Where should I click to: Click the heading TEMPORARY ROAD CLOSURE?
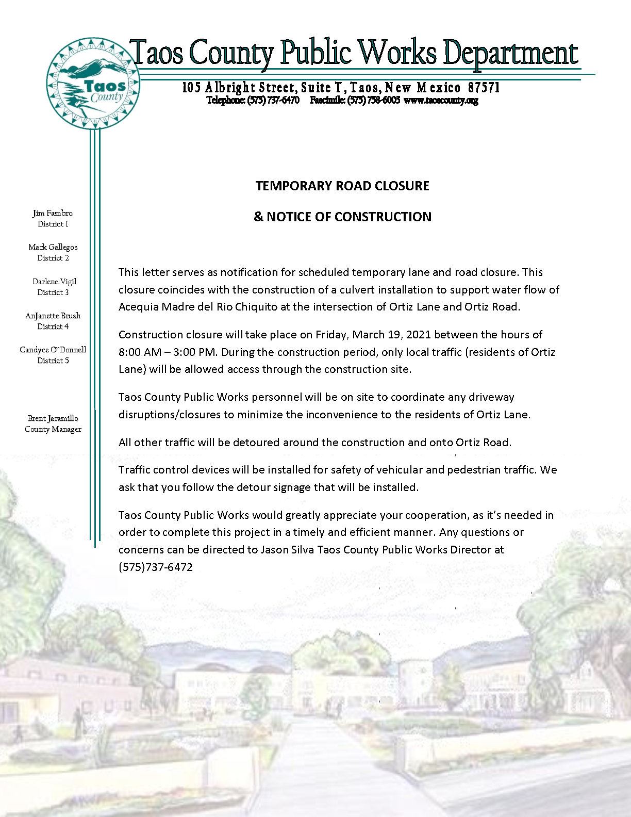(x=342, y=186)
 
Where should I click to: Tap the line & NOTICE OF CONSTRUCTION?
(x=342, y=217)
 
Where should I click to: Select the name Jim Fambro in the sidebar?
(x=53, y=213)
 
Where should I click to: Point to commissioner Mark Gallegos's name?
(x=53, y=247)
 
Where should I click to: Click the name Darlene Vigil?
(x=54, y=282)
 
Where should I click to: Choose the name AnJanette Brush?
(x=53, y=316)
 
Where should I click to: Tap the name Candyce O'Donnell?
(x=53, y=350)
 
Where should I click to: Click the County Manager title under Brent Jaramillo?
(x=53, y=429)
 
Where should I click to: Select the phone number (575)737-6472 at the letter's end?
(x=155, y=567)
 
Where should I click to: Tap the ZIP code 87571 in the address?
(x=484, y=88)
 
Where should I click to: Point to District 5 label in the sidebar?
(x=53, y=361)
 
